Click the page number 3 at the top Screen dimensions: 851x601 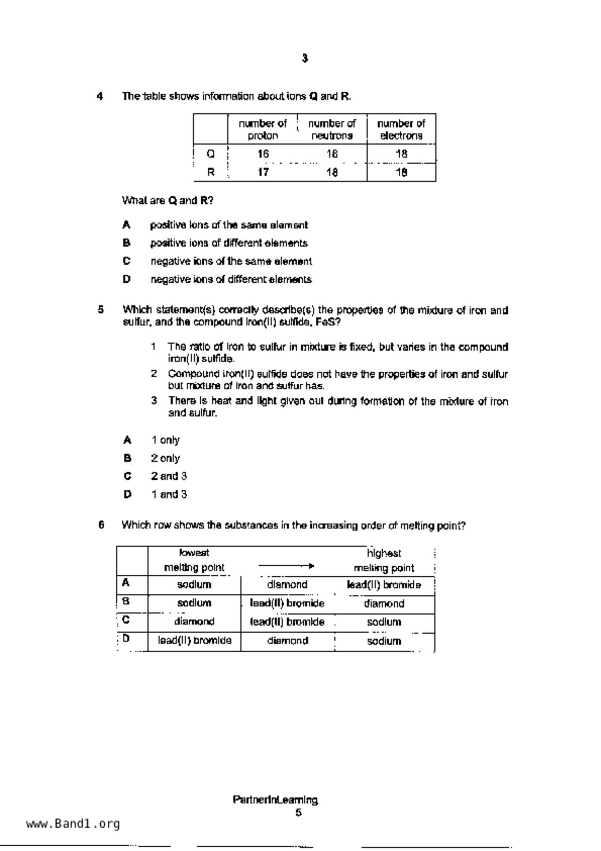pyautogui.click(x=305, y=58)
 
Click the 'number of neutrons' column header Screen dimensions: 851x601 pyautogui.click(x=332, y=130)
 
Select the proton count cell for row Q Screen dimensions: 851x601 pyautogui.click(x=263, y=154)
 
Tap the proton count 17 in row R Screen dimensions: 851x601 pyautogui.click(x=263, y=172)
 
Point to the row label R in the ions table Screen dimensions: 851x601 pyautogui.click(x=211, y=172)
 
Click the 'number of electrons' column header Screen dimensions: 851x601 pyautogui.click(x=401, y=130)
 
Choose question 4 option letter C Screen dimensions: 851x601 pyautogui.click(x=127, y=261)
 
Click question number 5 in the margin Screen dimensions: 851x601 pyautogui.click(x=101, y=309)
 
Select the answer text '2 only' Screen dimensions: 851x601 pyautogui.click(x=165, y=458)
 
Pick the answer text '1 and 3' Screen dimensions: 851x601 pyautogui.click(x=169, y=494)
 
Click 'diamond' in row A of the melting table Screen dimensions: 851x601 pyautogui.click(x=287, y=585)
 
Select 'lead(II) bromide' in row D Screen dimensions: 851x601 pyautogui.click(x=195, y=640)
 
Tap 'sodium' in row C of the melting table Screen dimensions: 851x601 pyautogui.click(x=384, y=622)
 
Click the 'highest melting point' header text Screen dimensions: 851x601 pyautogui.click(x=384, y=560)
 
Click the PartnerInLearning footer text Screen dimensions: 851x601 pyautogui.click(x=275, y=800)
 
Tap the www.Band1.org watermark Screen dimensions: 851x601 pyautogui.click(x=73, y=824)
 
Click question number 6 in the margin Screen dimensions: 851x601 pyautogui.click(x=101, y=524)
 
